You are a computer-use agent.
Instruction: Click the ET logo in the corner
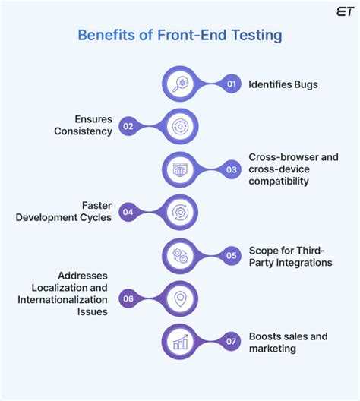pyautogui.click(x=345, y=11)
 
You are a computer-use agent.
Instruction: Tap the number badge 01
pyautogui.click(x=232, y=84)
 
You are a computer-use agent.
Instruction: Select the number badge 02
pyautogui.click(x=128, y=126)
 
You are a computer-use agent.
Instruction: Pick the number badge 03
pyautogui.click(x=232, y=169)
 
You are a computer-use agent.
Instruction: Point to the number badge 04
pyautogui.click(x=128, y=212)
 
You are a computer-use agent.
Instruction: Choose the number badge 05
pyautogui.click(x=232, y=255)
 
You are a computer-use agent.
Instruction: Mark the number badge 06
pyautogui.click(x=128, y=298)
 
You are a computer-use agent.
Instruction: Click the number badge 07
pyautogui.click(x=231, y=341)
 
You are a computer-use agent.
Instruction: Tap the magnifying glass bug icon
pyautogui.click(x=180, y=84)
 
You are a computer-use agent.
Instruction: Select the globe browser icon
pyautogui.click(x=180, y=170)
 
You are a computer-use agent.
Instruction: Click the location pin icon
pyautogui.click(x=180, y=299)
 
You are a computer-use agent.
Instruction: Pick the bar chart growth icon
pyautogui.click(x=180, y=342)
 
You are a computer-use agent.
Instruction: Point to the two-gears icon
pyautogui.click(x=180, y=256)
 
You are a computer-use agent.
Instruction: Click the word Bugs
pyautogui.click(x=306, y=84)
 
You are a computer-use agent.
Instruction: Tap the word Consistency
pyautogui.click(x=83, y=131)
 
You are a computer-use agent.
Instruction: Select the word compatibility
pyautogui.click(x=279, y=182)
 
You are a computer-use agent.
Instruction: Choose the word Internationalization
pyautogui.click(x=62, y=300)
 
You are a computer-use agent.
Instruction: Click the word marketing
pyautogui.click(x=273, y=349)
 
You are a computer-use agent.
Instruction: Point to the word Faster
pyautogui.click(x=96, y=206)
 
